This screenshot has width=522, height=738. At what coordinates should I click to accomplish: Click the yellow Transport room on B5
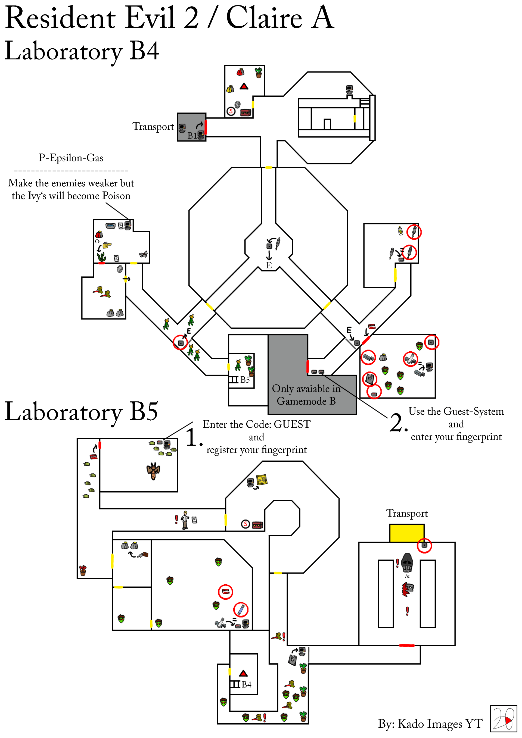pyautogui.click(x=406, y=533)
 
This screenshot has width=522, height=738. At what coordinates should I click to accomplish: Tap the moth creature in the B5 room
pyautogui.click(x=153, y=471)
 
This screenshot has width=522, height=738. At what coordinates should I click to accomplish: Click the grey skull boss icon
pyautogui.click(x=407, y=562)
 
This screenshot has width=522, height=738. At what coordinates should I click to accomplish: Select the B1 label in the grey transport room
pyautogui.click(x=192, y=136)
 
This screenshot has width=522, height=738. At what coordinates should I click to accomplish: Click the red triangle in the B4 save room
pyautogui.click(x=244, y=86)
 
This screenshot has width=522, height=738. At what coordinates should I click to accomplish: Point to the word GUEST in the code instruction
pyautogui.click(x=292, y=424)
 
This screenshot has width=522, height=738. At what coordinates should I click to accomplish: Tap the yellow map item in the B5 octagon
pyautogui.click(x=262, y=480)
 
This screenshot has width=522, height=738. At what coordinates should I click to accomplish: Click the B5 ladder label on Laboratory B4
pyautogui.click(x=245, y=380)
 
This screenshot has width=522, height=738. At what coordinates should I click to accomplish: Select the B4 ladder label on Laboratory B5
pyautogui.click(x=246, y=685)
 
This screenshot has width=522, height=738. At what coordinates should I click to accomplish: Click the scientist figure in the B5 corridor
pyautogui.click(x=185, y=520)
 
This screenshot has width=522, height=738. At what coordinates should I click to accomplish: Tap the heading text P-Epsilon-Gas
pyautogui.click(x=71, y=158)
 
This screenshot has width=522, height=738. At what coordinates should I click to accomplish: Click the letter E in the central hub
pyautogui.click(x=269, y=265)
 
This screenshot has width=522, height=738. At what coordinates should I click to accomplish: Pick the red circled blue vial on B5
pyautogui.click(x=241, y=609)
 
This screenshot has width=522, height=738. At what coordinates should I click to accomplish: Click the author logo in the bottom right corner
pyautogui.click(x=503, y=718)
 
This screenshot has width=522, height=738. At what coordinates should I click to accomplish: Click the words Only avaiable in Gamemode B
pyautogui.click(x=306, y=395)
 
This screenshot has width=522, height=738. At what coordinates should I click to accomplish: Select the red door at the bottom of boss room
pyautogui.click(x=406, y=645)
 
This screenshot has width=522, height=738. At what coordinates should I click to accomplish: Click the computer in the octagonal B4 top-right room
pyautogui.click(x=349, y=89)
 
